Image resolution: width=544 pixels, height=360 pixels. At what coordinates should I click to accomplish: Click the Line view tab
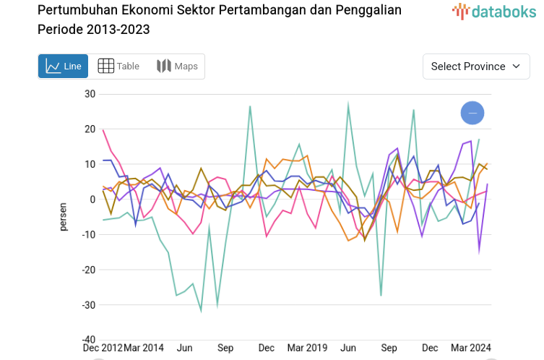click(x=64, y=67)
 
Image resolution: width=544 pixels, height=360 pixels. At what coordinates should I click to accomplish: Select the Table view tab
click(x=118, y=67)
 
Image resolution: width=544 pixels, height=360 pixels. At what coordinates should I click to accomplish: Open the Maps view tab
click(x=177, y=67)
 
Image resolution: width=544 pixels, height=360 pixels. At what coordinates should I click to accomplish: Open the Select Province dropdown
click(x=475, y=67)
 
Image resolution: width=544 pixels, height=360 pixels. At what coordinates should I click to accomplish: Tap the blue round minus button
click(x=472, y=113)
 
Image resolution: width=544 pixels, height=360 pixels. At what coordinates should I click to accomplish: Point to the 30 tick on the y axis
click(x=90, y=94)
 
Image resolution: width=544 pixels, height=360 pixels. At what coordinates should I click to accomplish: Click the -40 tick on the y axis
click(x=87, y=340)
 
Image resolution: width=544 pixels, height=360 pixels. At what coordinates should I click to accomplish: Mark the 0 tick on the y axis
click(x=92, y=200)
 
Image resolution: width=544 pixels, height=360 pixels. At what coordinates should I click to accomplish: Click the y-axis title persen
click(x=64, y=217)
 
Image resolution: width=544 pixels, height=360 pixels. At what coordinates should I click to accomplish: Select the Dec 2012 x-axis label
click(x=103, y=348)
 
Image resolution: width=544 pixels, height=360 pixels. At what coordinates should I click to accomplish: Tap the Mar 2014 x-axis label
click(x=144, y=348)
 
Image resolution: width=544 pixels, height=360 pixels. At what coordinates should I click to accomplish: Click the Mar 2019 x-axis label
click(x=306, y=348)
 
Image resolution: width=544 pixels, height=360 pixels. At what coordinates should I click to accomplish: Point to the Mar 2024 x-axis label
click(x=470, y=348)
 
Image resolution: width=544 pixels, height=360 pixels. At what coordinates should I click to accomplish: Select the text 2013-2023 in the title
click(x=120, y=30)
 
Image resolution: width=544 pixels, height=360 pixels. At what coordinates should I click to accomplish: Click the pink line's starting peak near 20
click(x=103, y=130)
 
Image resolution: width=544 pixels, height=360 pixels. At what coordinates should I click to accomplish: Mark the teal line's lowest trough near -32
click(x=201, y=311)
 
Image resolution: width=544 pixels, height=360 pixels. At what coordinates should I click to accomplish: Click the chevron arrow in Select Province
click(x=516, y=67)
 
